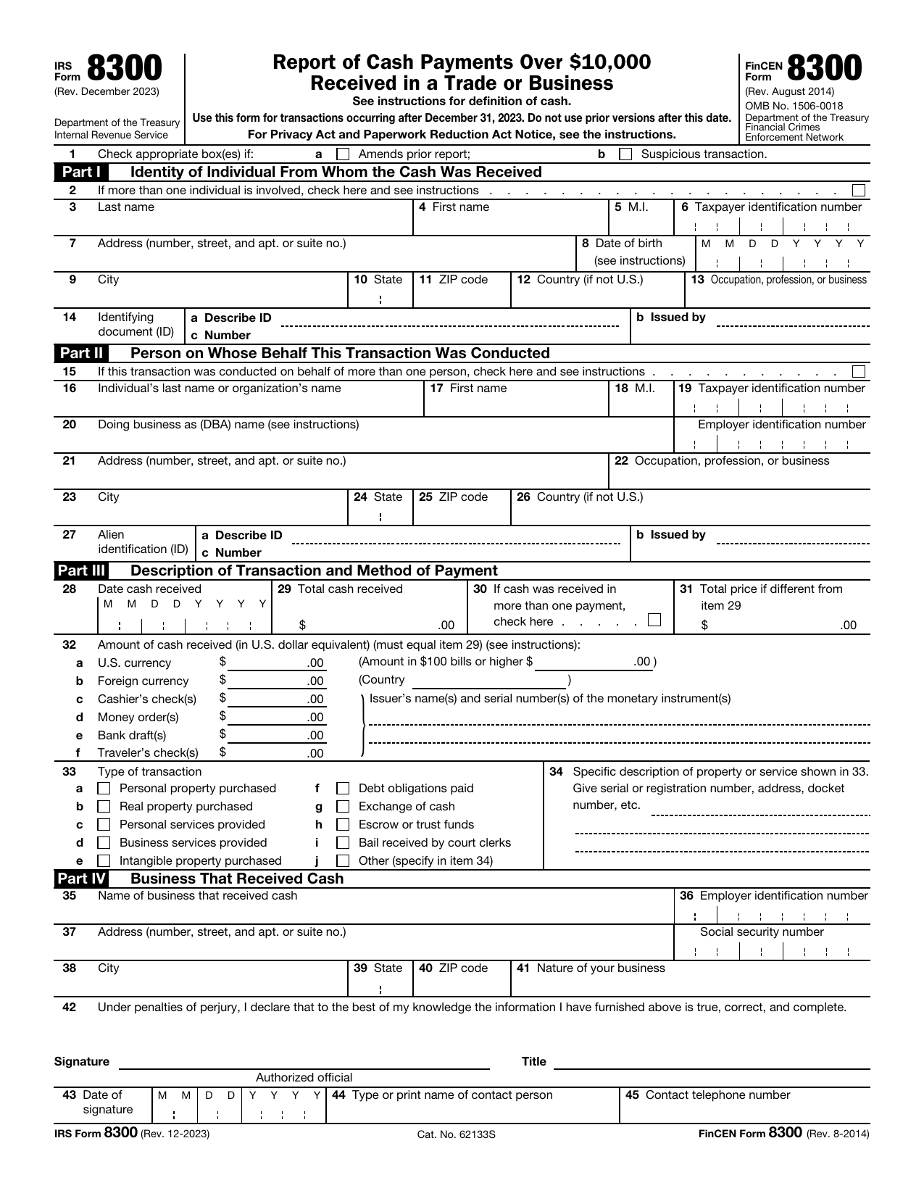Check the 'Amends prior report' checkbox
pos(344,154)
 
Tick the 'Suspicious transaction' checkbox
pos(625,154)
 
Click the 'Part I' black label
pos(80,172)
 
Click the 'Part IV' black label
pos(82,879)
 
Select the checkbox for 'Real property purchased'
pos(104,807)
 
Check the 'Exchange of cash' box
pos(344,807)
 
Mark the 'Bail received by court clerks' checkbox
pos(344,843)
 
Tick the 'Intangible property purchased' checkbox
pos(104,861)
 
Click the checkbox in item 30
pos(654,620)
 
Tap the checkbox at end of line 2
pos(859,190)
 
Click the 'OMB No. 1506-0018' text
pos(794,106)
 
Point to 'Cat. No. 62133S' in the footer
pos(456,1134)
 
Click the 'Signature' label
pos(82,1061)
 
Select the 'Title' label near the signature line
pos(533,1061)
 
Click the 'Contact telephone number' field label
pos(717,1095)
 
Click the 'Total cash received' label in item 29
pos(350,589)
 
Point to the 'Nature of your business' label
pos(600,968)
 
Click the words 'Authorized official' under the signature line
pos(304,1077)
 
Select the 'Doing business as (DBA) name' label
pos(228,424)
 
